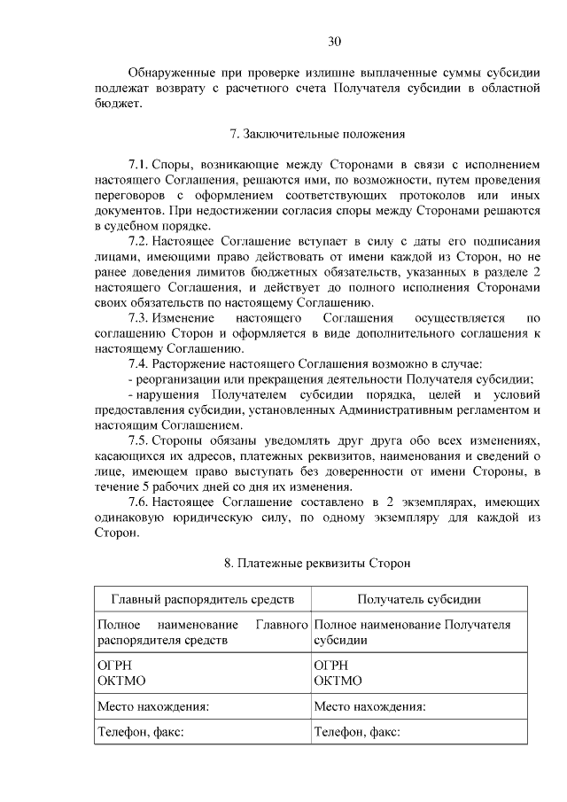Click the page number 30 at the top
(x=334, y=41)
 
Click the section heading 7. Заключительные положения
(x=317, y=135)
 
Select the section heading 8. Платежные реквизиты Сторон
(x=317, y=564)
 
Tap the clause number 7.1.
(x=138, y=165)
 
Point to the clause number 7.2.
(x=138, y=241)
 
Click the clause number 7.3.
(x=138, y=317)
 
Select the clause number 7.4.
(x=138, y=363)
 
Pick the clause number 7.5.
(x=138, y=440)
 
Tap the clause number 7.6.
(x=138, y=502)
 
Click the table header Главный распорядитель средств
(x=202, y=599)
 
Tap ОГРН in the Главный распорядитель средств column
(x=113, y=665)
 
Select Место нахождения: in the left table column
(x=153, y=706)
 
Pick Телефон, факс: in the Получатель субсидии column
(x=357, y=732)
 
